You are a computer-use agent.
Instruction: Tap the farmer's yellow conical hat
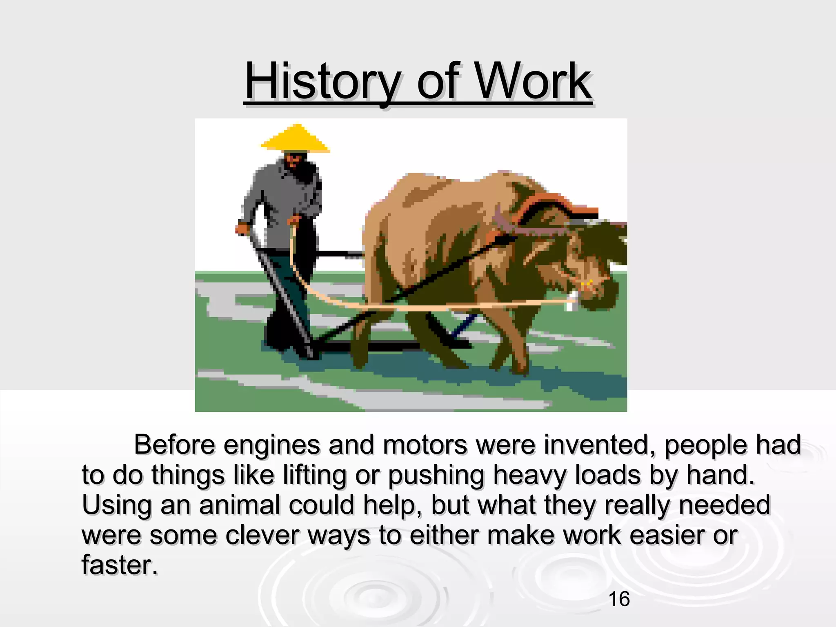(295, 139)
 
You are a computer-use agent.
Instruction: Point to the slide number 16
(619, 599)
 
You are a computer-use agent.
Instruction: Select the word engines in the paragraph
(271, 445)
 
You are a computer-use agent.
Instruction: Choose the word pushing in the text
(436, 476)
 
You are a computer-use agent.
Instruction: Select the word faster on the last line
(119, 565)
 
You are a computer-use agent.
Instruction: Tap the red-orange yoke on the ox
(547, 204)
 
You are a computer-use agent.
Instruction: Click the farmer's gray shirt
(282, 196)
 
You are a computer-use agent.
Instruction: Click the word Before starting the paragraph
(174, 445)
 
